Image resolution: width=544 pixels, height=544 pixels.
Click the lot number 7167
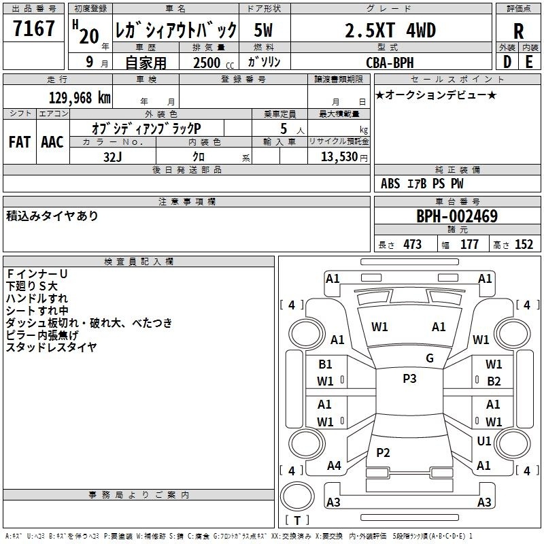pos(33,29)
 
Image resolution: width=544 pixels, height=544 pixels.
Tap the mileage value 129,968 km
pos(80,98)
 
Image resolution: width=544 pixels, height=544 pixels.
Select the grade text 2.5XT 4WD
pos(390,30)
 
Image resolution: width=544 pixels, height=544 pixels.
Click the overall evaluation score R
pos(518,31)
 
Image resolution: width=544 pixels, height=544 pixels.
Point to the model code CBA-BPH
pos(390,63)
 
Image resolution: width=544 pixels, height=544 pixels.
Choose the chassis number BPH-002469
pos(457,216)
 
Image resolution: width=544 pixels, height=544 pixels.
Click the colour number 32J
pos(112,157)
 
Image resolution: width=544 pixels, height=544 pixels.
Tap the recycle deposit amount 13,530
pos(339,157)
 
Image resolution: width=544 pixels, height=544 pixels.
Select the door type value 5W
pos(263,30)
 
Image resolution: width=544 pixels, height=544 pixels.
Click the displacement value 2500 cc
pos(214,63)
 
